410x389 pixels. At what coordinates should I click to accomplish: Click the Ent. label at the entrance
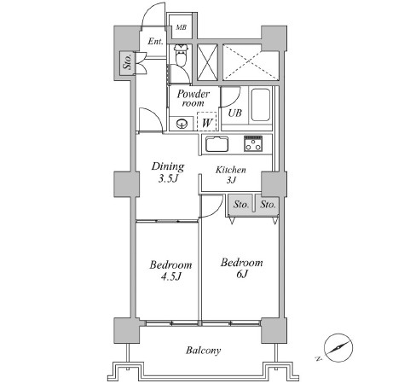point(155,41)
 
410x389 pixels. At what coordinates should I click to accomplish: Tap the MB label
point(181,27)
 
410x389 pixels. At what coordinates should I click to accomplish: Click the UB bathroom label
point(234,112)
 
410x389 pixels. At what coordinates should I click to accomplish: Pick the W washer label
point(206,123)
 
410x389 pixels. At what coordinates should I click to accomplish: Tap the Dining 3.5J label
point(168,173)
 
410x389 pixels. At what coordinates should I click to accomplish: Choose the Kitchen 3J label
point(231,175)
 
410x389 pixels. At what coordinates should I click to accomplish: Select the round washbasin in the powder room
point(181,124)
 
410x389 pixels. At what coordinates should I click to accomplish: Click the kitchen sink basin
point(215,142)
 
